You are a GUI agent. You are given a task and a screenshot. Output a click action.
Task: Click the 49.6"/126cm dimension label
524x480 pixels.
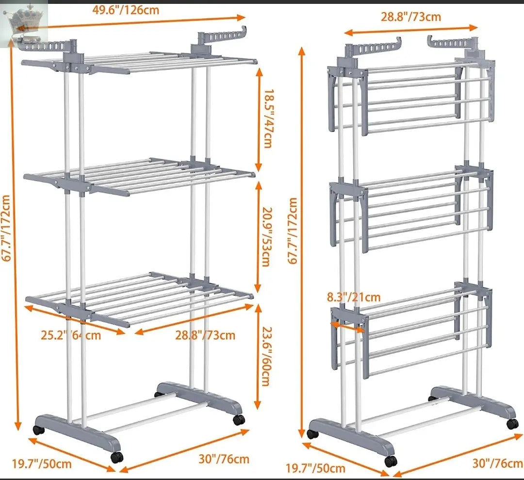tap(125, 10)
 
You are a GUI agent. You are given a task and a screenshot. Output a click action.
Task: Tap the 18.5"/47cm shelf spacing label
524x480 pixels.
tap(267, 118)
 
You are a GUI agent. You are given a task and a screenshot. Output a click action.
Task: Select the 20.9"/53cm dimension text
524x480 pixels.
tap(266, 237)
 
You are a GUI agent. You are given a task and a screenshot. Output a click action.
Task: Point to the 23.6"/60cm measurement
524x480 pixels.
tap(266, 356)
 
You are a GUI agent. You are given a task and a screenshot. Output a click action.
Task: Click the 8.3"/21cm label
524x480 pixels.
tap(354, 297)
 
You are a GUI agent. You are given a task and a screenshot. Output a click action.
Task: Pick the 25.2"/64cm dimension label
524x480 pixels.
tap(71, 335)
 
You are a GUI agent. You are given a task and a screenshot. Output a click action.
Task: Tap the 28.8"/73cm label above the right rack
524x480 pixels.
tap(411, 17)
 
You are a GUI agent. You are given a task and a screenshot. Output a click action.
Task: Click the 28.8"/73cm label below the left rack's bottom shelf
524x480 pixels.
tap(205, 335)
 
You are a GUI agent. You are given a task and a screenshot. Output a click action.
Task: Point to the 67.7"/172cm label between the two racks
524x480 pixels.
tap(293, 231)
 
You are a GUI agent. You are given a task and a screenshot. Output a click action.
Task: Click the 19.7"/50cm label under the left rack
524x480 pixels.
tap(42, 464)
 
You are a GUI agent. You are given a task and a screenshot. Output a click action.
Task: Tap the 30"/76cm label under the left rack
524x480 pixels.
tap(224, 459)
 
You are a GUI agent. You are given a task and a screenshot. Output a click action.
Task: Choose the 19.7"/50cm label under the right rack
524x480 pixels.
tap(315, 468)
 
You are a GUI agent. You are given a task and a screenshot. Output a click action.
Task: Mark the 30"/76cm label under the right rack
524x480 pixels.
tap(498, 463)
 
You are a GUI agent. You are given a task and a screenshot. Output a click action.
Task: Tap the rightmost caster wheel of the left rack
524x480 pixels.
tap(239, 420)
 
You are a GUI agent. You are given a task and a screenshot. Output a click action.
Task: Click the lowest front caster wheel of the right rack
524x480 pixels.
tap(390, 461)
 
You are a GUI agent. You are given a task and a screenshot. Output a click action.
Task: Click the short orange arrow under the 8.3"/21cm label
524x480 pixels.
tap(347, 327)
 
